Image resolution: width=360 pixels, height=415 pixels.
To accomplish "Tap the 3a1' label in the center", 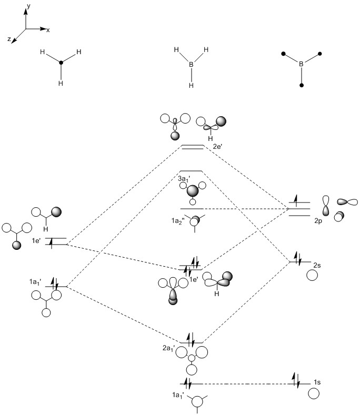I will pyautogui.click(x=184, y=180).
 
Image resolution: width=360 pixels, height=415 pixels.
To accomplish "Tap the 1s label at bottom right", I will pyautogui.click(x=317, y=381).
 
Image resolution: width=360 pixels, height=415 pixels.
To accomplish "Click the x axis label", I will pyautogui.click(x=48, y=31).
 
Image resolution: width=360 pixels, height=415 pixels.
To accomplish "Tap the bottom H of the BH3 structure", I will pyautogui.click(x=192, y=85).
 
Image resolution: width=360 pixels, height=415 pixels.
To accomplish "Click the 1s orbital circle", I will pyautogui.click(x=314, y=393).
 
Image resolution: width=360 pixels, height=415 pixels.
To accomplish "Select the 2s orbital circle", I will pyautogui.click(x=312, y=275).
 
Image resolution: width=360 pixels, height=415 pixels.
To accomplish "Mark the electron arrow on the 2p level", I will pyautogui.click(x=295, y=199).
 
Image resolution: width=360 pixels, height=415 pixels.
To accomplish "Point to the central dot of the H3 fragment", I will pyautogui.click(x=61, y=64).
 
